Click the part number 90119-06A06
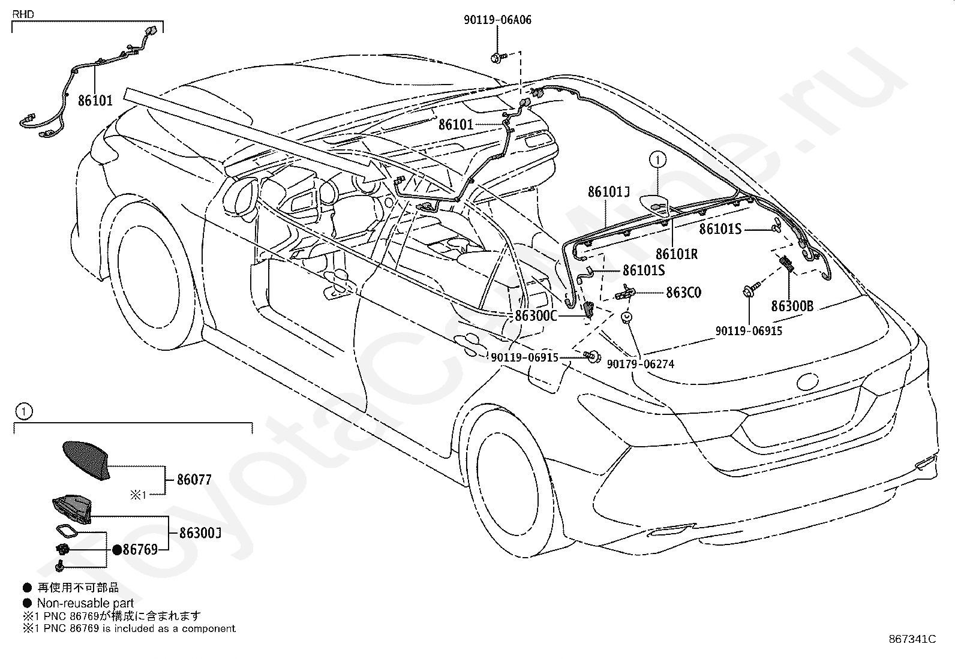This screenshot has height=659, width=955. pyautogui.click(x=497, y=20)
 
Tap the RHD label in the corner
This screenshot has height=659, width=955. pyautogui.click(x=23, y=14)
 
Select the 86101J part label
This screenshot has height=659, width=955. pyautogui.click(x=608, y=192)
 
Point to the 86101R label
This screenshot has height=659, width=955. pyautogui.click(x=677, y=254)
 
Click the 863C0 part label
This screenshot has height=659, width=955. pyautogui.click(x=683, y=293)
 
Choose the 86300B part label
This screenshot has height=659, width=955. pyautogui.click(x=792, y=306)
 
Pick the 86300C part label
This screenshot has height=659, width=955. pyautogui.click(x=536, y=315)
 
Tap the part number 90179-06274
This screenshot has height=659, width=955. pyautogui.click(x=640, y=364)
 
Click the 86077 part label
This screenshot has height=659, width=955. pyautogui.click(x=194, y=480)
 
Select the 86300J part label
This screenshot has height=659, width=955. pyautogui.click(x=200, y=533)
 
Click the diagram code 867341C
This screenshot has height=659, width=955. pyautogui.click(x=912, y=639)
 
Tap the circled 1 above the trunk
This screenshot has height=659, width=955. pyautogui.click(x=657, y=160)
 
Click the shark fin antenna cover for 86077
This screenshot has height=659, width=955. pyautogui.click(x=86, y=461)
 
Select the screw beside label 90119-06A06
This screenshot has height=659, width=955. pyautogui.click(x=498, y=57)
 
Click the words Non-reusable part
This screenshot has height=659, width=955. pyautogui.click(x=85, y=603)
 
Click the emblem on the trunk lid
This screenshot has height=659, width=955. pyautogui.click(x=807, y=381)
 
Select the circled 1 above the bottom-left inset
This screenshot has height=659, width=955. pyautogui.click(x=24, y=411)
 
